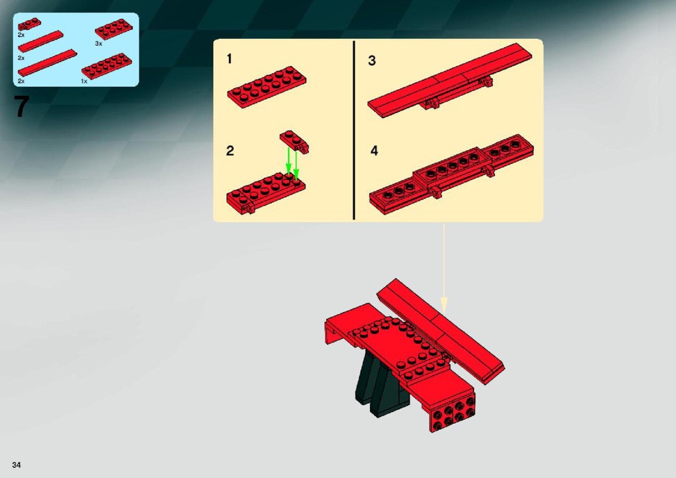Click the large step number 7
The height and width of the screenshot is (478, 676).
click(x=22, y=106)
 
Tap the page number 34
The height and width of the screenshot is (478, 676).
click(x=17, y=465)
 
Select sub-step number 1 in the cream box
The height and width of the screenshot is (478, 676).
click(x=229, y=58)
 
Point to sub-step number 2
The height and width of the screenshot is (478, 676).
click(x=230, y=151)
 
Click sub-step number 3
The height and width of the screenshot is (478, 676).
click(x=372, y=60)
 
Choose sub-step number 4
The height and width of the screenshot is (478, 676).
click(x=374, y=151)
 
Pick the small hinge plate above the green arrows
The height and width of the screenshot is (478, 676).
click(x=294, y=142)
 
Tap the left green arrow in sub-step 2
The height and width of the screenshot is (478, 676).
click(x=289, y=162)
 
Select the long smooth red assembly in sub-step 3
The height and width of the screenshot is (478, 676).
click(x=450, y=80)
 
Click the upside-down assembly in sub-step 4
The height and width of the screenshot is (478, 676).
click(x=451, y=174)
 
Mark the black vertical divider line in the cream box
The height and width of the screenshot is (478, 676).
click(x=354, y=131)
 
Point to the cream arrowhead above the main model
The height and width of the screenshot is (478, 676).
click(x=443, y=304)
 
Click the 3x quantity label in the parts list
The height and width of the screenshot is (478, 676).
click(x=99, y=44)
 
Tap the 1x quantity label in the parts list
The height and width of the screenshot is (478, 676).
click(x=84, y=81)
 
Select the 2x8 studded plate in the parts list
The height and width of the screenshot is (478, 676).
click(x=107, y=66)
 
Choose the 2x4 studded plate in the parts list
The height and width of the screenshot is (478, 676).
click(x=114, y=29)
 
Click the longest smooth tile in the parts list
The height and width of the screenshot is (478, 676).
click(x=47, y=63)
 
